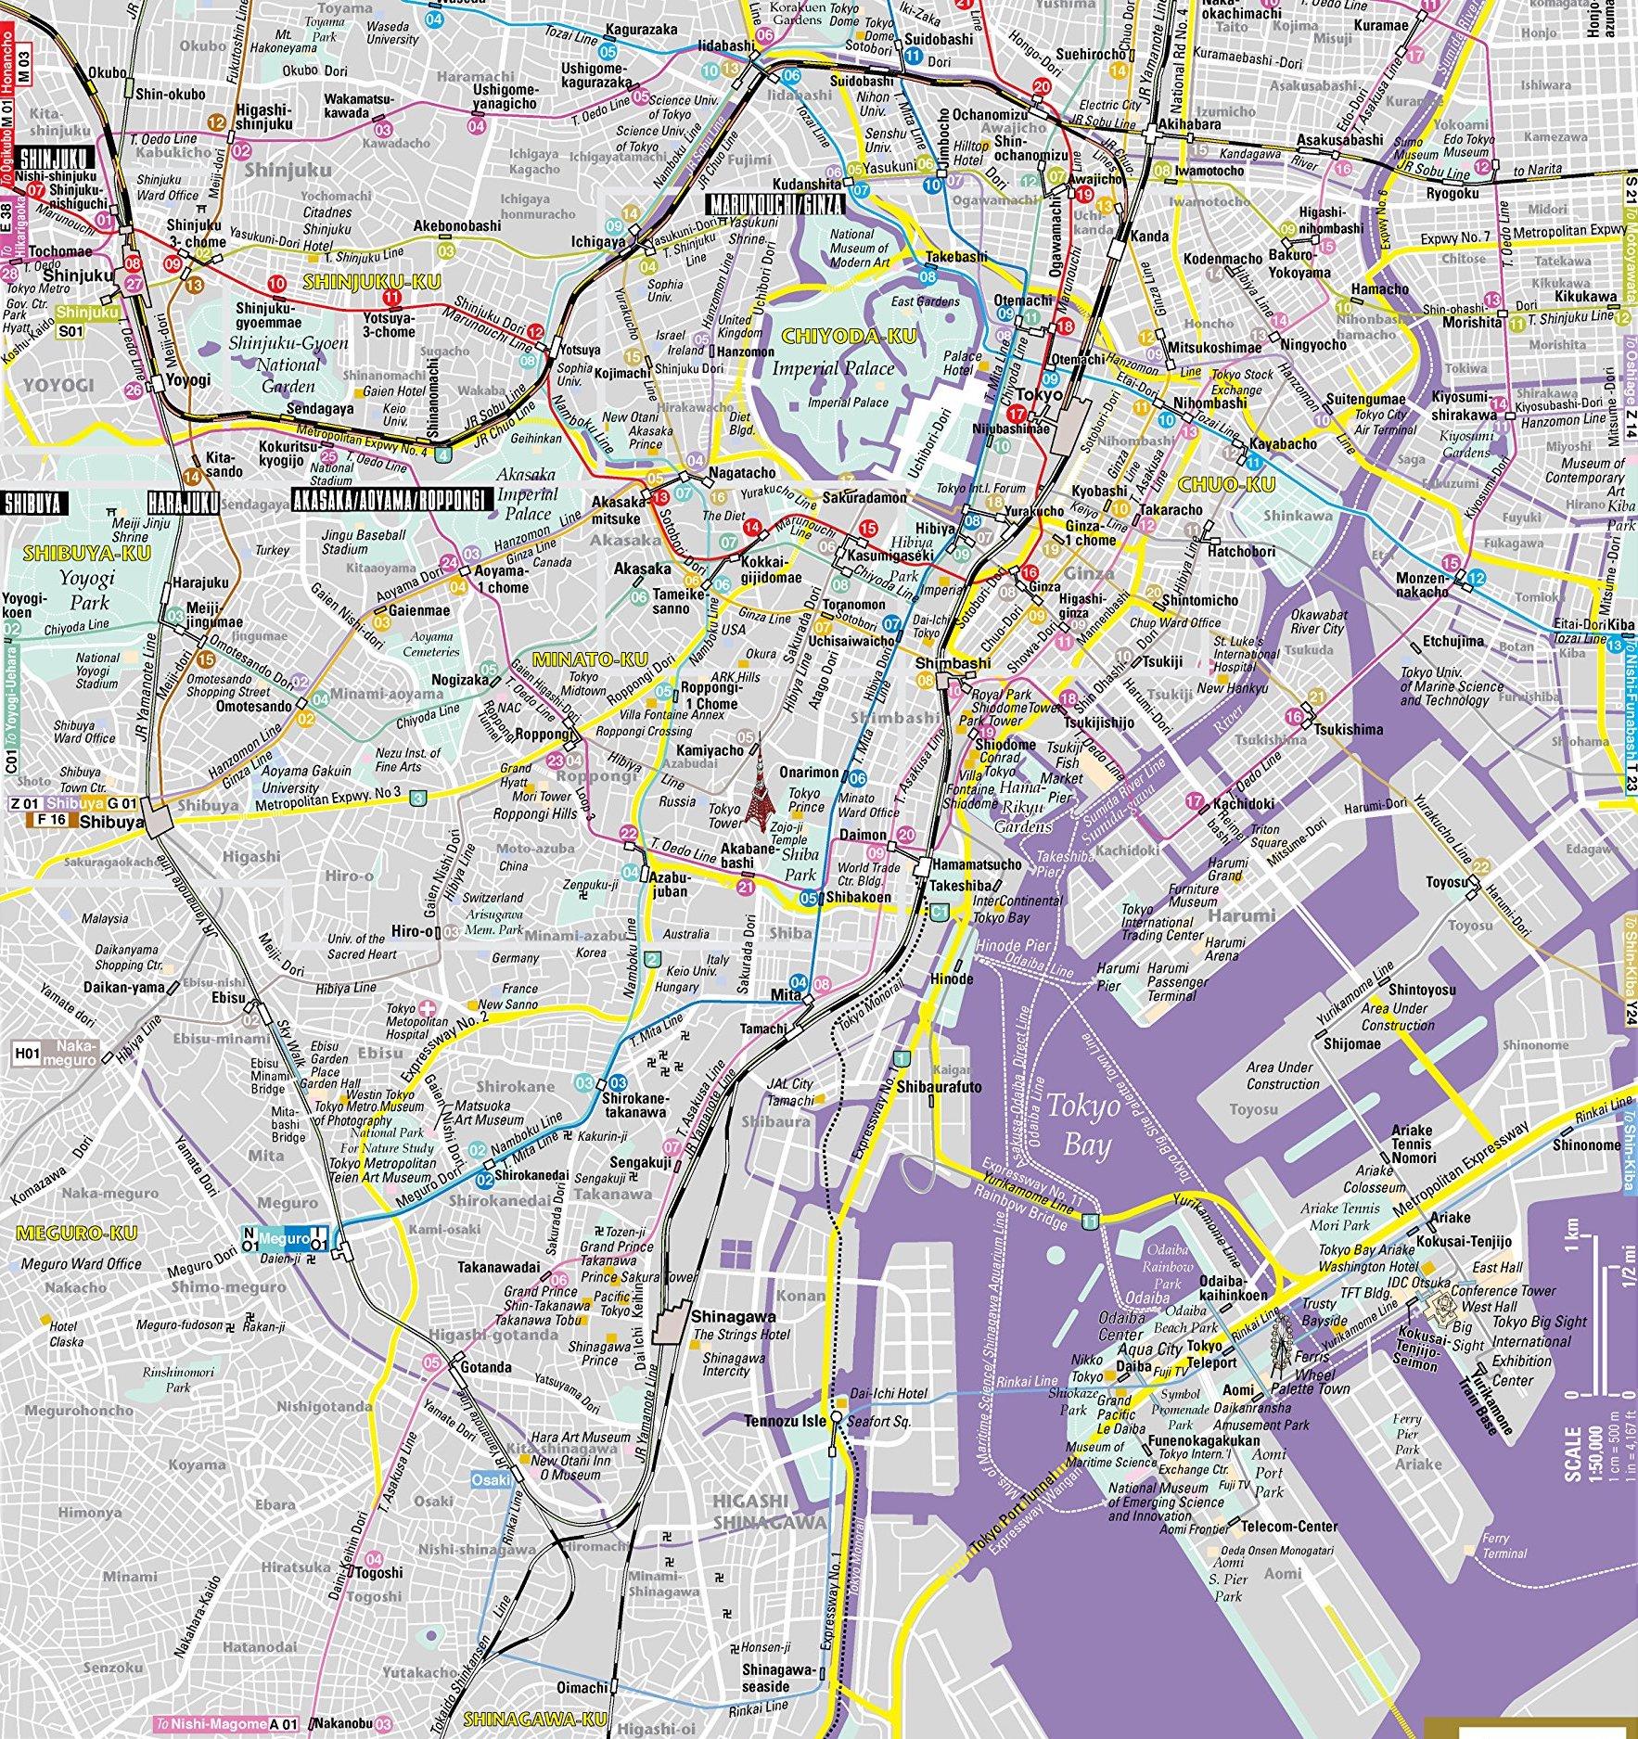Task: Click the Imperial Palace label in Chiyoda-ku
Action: [x=833, y=368]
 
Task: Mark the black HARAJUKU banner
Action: [x=183, y=503]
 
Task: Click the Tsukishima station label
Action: [x=1347, y=729]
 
